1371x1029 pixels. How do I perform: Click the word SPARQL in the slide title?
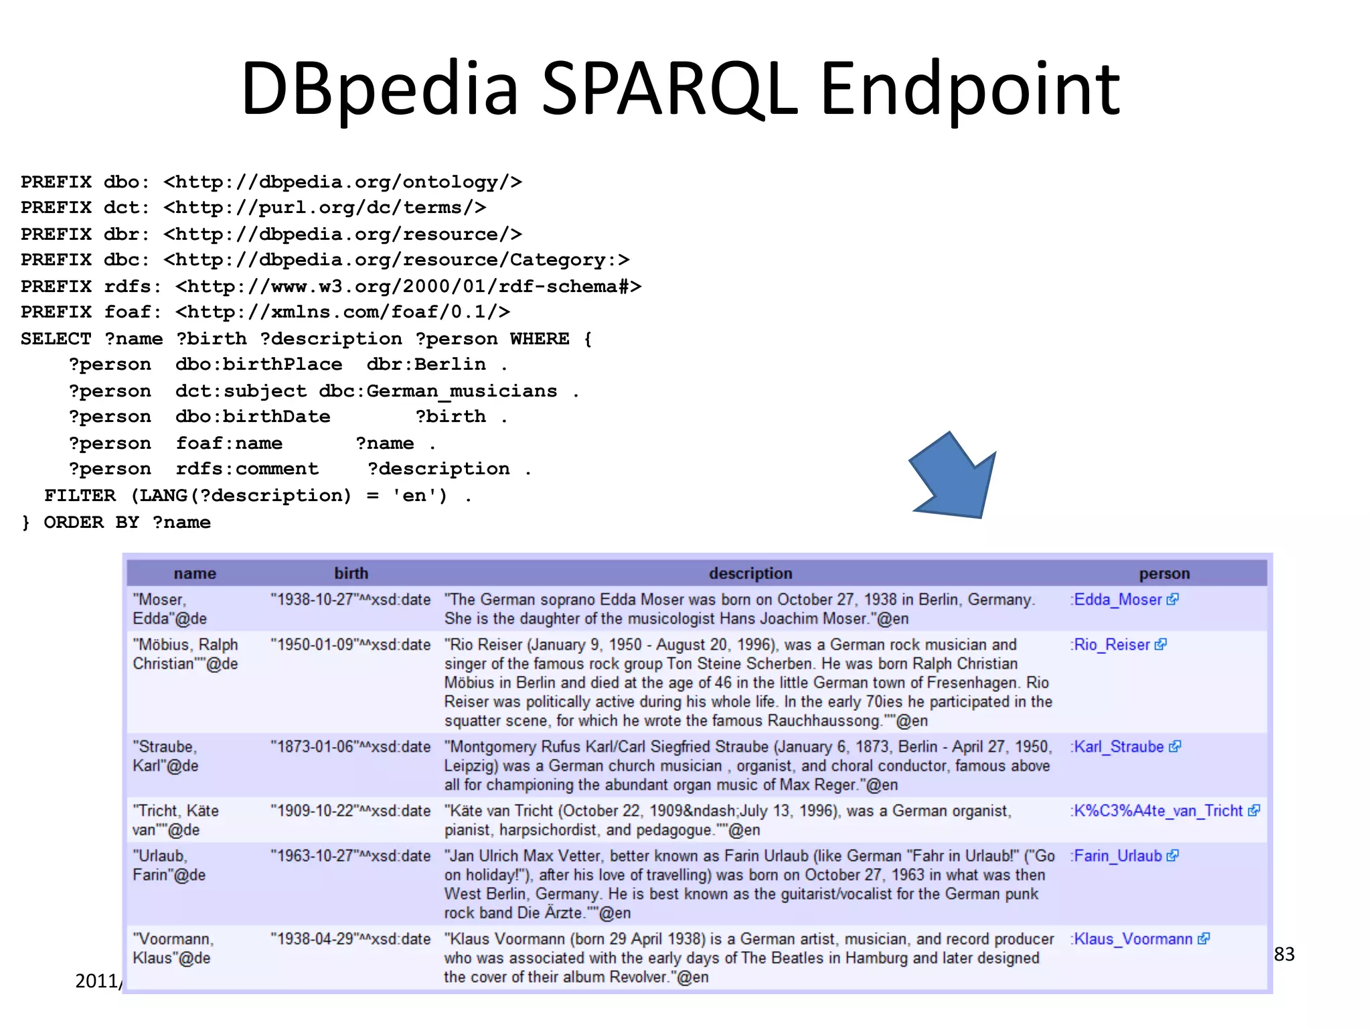click(669, 88)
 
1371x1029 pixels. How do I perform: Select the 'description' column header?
click(750, 573)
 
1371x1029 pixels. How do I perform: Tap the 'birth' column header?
click(351, 573)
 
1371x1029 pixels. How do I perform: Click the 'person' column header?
click(1164, 573)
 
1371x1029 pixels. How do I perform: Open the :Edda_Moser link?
click(1117, 600)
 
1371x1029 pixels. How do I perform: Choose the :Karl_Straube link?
click(1119, 747)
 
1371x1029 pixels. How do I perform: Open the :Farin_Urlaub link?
click(1117, 856)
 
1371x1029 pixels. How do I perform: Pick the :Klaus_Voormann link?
click(1133, 939)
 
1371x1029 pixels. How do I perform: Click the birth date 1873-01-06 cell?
click(350, 747)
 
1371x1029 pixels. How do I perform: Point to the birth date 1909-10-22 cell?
click(350, 811)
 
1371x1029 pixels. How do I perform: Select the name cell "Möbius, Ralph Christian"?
click(185, 654)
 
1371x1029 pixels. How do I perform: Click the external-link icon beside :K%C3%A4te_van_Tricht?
click(1254, 811)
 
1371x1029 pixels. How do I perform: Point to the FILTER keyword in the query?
click(80, 496)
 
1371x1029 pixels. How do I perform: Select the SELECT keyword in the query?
click(56, 339)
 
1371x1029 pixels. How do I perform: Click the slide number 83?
click(1284, 954)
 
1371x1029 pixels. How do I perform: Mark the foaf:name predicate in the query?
click(229, 443)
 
